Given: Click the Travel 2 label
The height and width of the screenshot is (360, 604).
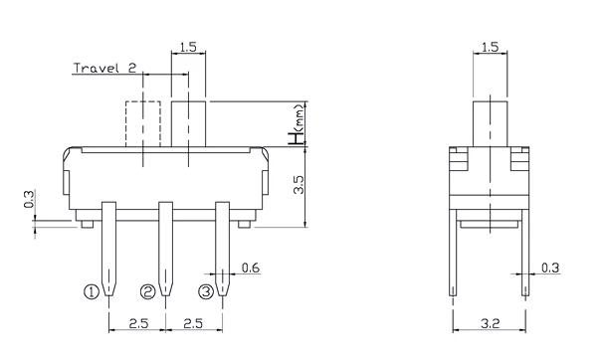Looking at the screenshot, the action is [104, 69].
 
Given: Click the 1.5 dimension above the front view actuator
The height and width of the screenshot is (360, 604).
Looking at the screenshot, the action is [188, 47].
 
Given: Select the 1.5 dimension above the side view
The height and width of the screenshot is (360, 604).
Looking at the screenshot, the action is [490, 47].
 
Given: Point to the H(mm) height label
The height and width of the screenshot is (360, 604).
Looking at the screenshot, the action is [298, 124].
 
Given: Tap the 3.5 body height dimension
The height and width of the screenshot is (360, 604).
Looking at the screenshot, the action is [299, 185].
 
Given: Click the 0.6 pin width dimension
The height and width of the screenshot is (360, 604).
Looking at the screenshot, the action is [251, 268].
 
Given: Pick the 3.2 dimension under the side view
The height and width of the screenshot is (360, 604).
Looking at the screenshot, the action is [490, 324].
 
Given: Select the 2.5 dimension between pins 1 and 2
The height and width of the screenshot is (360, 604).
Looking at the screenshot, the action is [138, 323].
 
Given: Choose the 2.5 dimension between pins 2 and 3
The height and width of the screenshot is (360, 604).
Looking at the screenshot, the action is [193, 323].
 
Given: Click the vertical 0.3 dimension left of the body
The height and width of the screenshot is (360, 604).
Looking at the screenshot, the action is [29, 199].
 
